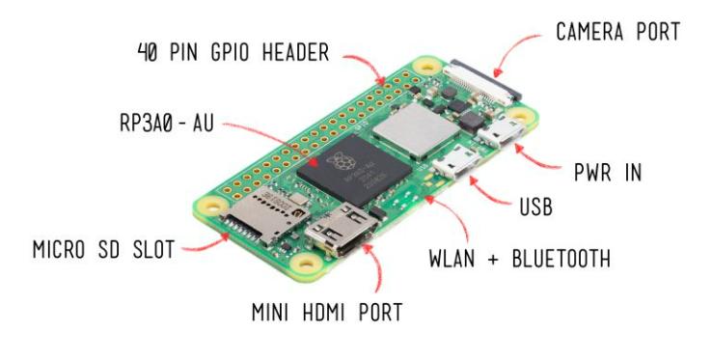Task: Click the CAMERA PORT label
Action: pyautogui.click(x=618, y=31)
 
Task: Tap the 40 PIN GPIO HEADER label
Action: pyautogui.click(x=233, y=52)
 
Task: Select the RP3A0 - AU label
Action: pyautogui.click(x=167, y=123)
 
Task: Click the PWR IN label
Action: pyautogui.click(x=608, y=172)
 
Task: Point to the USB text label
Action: pyautogui.click(x=536, y=207)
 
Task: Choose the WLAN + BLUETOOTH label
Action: pyautogui.click(x=520, y=258)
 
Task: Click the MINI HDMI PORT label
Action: pyautogui.click(x=327, y=312)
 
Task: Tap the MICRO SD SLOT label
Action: pyautogui.click(x=103, y=250)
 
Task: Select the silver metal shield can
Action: pyautogui.click(x=416, y=131)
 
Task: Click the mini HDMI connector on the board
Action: pyautogui.click(x=342, y=229)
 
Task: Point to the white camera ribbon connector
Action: pyautogui.click(x=482, y=80)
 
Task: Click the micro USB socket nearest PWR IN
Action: pyautogui.click(x=501, y=131)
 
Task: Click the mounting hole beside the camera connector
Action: pyautogui.click(x=426, y=67)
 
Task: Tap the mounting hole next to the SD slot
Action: pyautogui.click(x=212, y=207)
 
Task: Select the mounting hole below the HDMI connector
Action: pyautogui.click(x=306, y=263)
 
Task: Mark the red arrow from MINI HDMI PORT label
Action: pyautogui.click(x=376, y=266)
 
